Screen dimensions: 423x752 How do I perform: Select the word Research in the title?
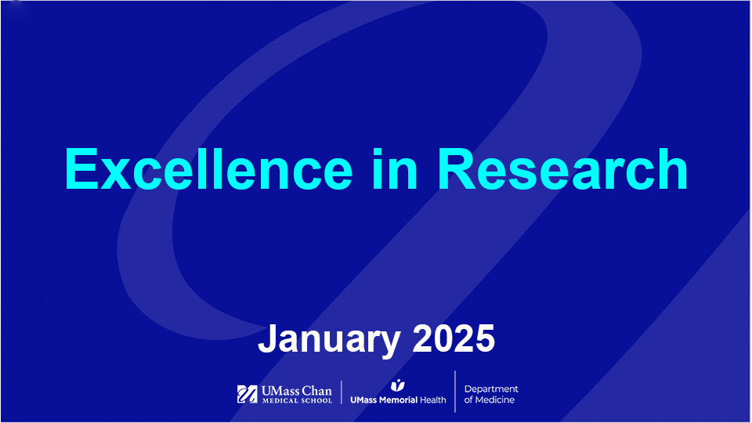(x=562, y=169)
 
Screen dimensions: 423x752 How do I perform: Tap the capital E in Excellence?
(x=81, y=169)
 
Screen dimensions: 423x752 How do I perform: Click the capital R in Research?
(x=457, y=169)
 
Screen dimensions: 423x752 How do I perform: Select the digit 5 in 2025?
(x=485, y=339)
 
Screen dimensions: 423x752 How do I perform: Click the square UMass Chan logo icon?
(x=246, y=394)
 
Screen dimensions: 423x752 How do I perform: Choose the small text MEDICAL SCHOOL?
(x=295, y=400)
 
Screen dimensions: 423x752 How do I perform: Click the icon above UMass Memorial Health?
(x=398, y=385)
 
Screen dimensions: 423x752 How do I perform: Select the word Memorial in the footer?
(x=399, y=399)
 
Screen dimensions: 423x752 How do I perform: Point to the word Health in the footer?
(x=433, y=399)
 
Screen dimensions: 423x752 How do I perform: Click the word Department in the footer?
(x=491, y=389)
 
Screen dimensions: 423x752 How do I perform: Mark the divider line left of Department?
(x=455, y=392)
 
